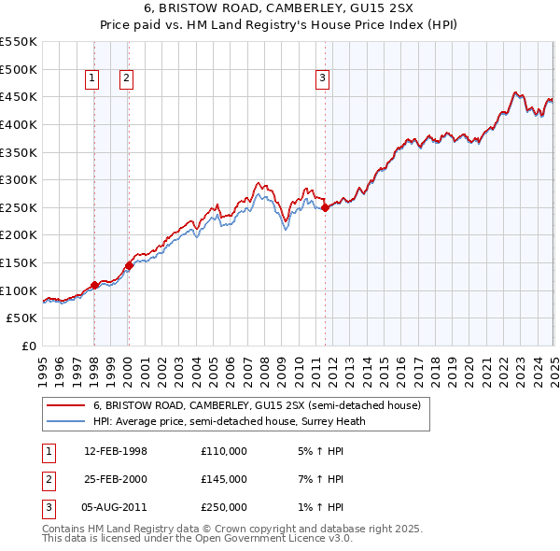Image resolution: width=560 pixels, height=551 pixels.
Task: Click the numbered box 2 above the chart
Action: click(126, 79)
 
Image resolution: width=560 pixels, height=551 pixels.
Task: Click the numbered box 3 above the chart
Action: click(322, 79)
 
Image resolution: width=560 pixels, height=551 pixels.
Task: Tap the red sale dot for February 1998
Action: click(95, 285)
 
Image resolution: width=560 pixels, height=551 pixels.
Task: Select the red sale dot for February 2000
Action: click(129, 266)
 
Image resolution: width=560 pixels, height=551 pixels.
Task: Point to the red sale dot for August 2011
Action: click(325, 208)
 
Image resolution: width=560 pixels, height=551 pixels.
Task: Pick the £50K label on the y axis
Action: click(22, 318)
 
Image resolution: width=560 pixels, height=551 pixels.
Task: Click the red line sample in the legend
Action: click(64, 406)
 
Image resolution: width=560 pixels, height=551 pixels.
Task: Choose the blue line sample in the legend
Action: click(64, 421)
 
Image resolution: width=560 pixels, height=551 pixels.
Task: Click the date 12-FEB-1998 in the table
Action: click(116, 452)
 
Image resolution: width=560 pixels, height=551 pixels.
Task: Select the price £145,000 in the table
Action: click(224, 479)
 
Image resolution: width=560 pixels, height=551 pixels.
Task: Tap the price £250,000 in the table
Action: click(224, 507)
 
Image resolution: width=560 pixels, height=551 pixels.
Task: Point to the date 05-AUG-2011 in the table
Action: click(116, 507)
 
